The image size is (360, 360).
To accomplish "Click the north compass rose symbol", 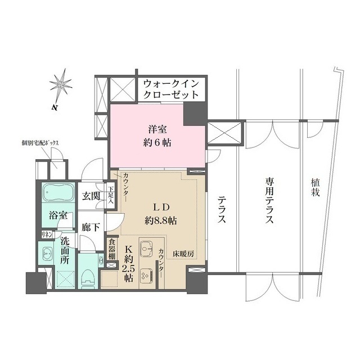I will (61, 85).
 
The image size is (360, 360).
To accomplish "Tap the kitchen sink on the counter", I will (147, 249).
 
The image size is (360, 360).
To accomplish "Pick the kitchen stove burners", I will (146, 275).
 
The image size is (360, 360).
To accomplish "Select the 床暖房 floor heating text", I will (183, 254).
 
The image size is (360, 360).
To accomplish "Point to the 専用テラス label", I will (268, 201).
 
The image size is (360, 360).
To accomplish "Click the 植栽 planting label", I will (315, 187).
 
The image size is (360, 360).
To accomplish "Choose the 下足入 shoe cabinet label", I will (111, 195).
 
